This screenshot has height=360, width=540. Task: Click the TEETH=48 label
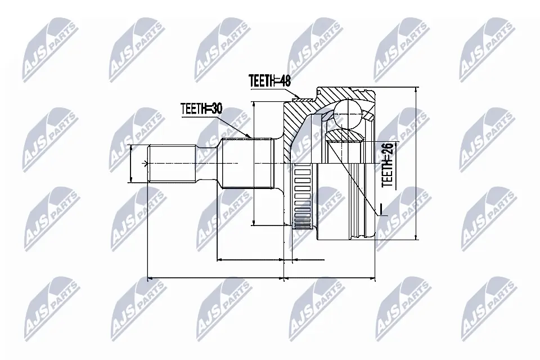click(270, 81)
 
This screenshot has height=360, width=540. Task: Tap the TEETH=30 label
click(201, 109)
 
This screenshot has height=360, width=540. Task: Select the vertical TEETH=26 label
click(387, 164)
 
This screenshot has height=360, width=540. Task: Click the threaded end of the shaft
click(172, 163)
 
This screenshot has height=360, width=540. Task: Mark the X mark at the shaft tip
click(146, 164)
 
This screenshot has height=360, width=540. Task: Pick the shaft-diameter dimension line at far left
click(130, 163)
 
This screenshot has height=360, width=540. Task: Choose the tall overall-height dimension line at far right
click(415, 163)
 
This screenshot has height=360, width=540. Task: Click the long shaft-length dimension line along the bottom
click(214, 277)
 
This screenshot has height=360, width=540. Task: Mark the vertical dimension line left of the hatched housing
click(254, 163)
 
